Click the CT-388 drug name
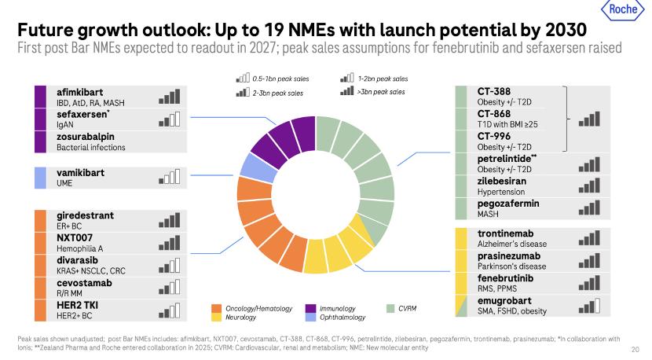coord(494,92)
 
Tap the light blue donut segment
coord(255,167)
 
